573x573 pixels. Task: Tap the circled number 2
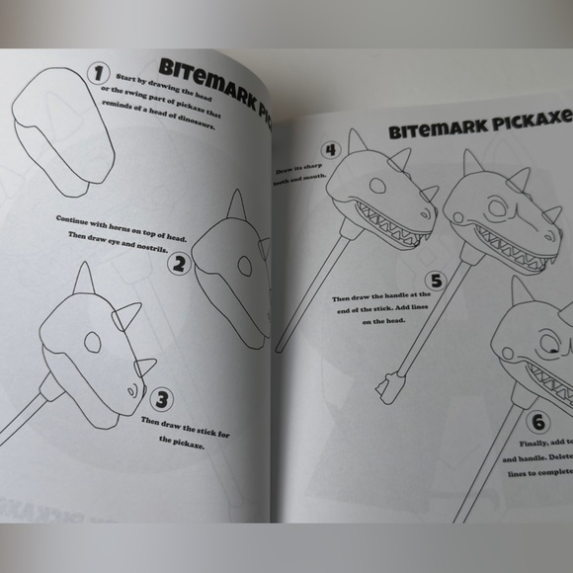[179, 264]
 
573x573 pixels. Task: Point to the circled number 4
[332, 151]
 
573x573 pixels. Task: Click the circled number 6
[538, 423]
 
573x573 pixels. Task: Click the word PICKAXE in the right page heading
[523, 123]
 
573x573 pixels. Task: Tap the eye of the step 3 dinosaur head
[92, 342]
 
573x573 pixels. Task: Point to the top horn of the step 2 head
[235, 207]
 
